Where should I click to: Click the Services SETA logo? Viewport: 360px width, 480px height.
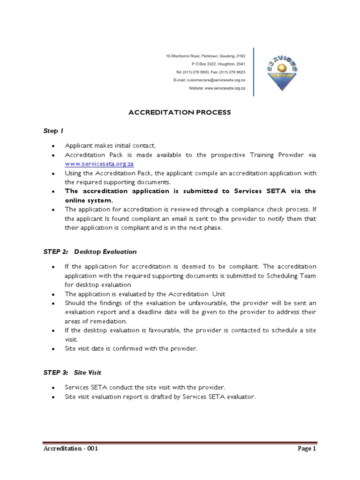(282, 72)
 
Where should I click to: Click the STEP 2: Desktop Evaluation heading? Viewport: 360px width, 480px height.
(90, 252)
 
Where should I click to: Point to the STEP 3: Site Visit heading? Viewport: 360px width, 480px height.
(72, 372)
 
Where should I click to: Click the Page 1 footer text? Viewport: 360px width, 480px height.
(307, 449)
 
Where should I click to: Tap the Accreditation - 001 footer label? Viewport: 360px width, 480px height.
(70, 449)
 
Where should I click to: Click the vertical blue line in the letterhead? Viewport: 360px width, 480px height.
(254, 72)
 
